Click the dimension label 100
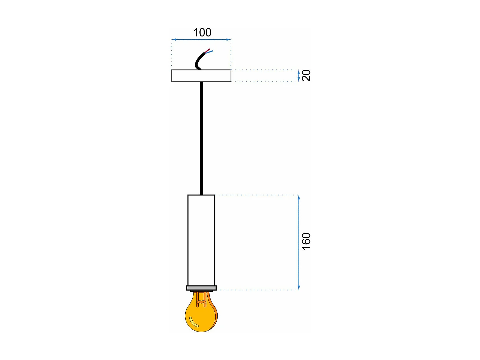(202, 32)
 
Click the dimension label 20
(306, 76)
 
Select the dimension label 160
(306, 241)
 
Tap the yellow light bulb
(201, 315)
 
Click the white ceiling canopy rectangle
(201, 76)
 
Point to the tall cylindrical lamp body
(201, 240)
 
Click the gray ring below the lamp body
(201, 288)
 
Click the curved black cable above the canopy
(198, 61)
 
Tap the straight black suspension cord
(201, 138)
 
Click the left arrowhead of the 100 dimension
(173, 40)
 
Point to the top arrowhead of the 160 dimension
(299, 197)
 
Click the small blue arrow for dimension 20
(299, 76)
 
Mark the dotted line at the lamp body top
(256, 195)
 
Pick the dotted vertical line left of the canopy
(172, 54)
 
